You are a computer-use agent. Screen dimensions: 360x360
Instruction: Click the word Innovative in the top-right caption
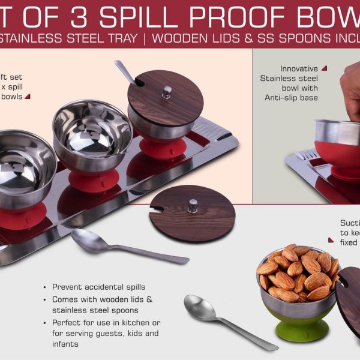coord(299,69)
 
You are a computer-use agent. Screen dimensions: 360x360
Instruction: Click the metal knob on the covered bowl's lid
coord(167,92)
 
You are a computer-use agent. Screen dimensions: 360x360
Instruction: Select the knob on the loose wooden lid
coord(193,206)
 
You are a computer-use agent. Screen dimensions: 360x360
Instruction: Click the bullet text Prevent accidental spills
coord(98,287)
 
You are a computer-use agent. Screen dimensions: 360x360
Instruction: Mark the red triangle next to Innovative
coord(324,68)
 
